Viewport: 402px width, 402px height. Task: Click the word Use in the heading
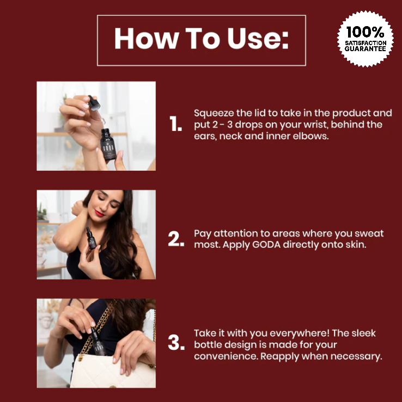pos(258,39)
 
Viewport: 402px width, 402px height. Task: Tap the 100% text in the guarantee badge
pos(365,32)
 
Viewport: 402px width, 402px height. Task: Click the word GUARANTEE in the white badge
pos(366,49)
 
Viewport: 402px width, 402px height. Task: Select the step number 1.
pos(175,123)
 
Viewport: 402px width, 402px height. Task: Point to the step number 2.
pos(176,239)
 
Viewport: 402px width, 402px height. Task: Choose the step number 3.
pos(176,343)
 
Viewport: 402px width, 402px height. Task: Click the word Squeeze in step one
pos(214,114)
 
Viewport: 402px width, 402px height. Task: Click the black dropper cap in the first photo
pos(94,103)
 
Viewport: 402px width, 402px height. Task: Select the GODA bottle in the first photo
pos(108,144)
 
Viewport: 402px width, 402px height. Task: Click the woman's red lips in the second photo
pos(99,213)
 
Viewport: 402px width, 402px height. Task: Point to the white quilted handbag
pos(113,371)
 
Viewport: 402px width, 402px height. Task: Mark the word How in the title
pos(147,39)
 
